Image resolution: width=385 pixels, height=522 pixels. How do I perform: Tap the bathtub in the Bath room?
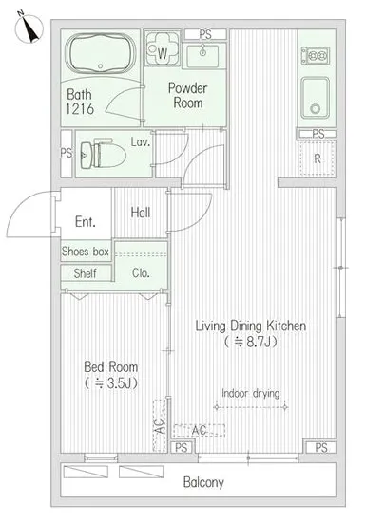tap(101, 54)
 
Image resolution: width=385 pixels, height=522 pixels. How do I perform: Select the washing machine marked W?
tap(163, 49)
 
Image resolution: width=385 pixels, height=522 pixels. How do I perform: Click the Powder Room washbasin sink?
tap(202, 56)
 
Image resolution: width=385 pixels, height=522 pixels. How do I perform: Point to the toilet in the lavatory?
tap(103, 155)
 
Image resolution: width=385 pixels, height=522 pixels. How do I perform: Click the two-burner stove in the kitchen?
tap(316, 56)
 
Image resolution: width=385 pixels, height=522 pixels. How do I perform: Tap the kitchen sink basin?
tap(315, 98)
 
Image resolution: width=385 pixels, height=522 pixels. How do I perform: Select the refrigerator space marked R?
tap(318, 158)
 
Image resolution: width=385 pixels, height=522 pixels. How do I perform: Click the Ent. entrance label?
tap(86, 221)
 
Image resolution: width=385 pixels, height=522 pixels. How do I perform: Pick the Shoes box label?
tap(86, 252)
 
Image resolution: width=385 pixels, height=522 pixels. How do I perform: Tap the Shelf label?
tap(85, 273)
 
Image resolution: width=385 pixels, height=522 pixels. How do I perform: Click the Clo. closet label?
tap(141, 273)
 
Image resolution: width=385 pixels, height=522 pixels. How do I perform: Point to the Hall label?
tap(141, 213)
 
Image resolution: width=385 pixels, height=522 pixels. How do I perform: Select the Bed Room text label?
tap(110, 367)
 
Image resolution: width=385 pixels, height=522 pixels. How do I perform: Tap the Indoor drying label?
tap(251, 393)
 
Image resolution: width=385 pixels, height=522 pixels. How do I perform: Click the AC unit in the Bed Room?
tap(160, 425)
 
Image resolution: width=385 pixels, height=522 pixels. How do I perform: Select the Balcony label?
tap(203, 482)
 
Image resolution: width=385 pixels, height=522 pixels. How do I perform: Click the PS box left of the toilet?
tap(67, 154)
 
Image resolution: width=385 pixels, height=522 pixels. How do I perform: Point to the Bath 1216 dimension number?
tap(80, 109)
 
